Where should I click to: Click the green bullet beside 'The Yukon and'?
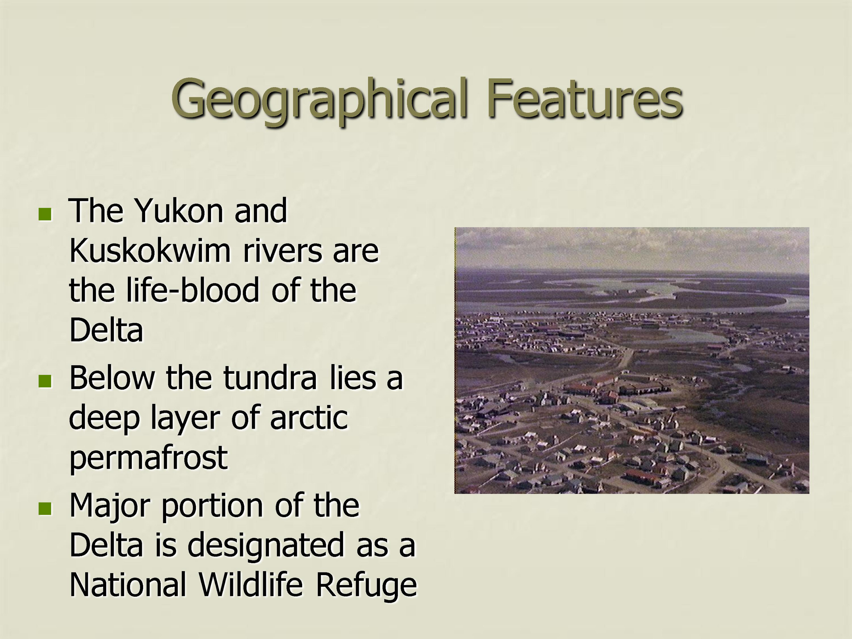pos(45,214)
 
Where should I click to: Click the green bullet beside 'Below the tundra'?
pos(45,380)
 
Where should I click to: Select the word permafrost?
pos(148,458)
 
